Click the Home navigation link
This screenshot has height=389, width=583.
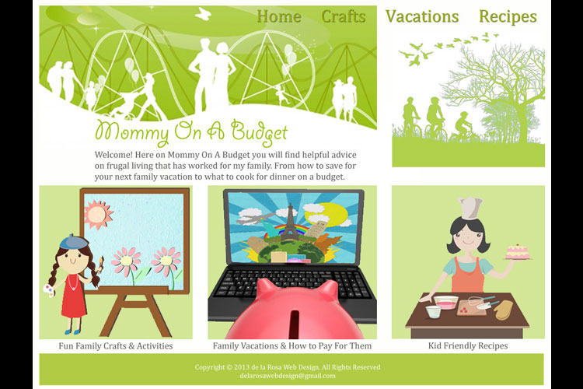click(x=279, y=16)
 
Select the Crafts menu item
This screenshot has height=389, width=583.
click(x=344, y=16)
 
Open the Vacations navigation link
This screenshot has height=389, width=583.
click(x=422, y=16)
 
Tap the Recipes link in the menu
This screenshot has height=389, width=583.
click(x=508, y=17)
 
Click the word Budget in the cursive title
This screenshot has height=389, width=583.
click(x=260, y=131)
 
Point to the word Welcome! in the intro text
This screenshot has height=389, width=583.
click(x=113, y=155)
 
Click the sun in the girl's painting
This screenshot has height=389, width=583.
click(x=98, y=214)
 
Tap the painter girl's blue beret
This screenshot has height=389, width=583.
click(x=74, y=242)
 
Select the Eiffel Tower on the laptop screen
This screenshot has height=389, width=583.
click(x=290, y=222)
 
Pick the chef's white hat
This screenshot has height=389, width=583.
click(x=471, y=208)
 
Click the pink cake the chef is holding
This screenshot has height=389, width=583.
click(x=517, y=252)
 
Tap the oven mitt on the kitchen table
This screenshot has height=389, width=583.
click(x=504, y=310)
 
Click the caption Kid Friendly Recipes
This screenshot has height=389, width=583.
click(x=468, y=345)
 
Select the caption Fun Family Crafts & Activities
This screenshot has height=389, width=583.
click(x=116, y=345)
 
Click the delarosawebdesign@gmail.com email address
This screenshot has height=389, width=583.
click(x=288, y=376)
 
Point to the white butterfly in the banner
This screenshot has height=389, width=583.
click(x=203, y=14)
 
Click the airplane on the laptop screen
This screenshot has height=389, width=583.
click(x=253, y=219)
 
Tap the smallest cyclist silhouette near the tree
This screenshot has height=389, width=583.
click(x=463, y=126)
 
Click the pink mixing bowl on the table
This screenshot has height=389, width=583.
click(x=446, y=302)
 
